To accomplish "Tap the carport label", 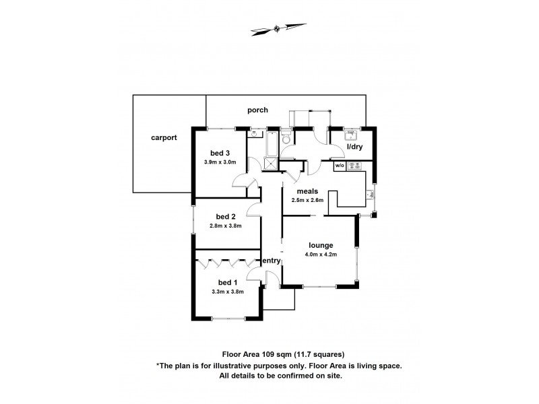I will pyautogui.click(x=164, y=137).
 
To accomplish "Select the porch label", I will pyautogui.click(x=257, y=110).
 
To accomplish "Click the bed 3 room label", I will pyautogui.click(x=220, y=152).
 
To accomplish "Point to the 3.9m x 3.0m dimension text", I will pyautogui.click(x=220, y=162).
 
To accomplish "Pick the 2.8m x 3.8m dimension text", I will pyautogui.click(x=226, y=226).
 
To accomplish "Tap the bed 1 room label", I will pyautogui.click(x=227, y=282).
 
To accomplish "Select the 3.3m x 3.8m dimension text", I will pyautogui.click(x=227, y=292).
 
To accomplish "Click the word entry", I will pyautogui.click(x=272, y=261).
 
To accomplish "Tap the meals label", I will pyautogui.click(x=307, y=191).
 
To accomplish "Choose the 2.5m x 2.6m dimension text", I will pyautogui.click(x=307, y=200).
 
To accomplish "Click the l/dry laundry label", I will pyautogui.click(x=354, y=146).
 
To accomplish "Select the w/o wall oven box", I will pyautogui.click(x=340, y=165).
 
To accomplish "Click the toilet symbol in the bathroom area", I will pyautogui.click(x=285, y=138).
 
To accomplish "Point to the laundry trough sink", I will pyautogui.click(x=355, y=133).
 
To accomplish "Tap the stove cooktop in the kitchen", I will pyautogui.click(x=355, y=165).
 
